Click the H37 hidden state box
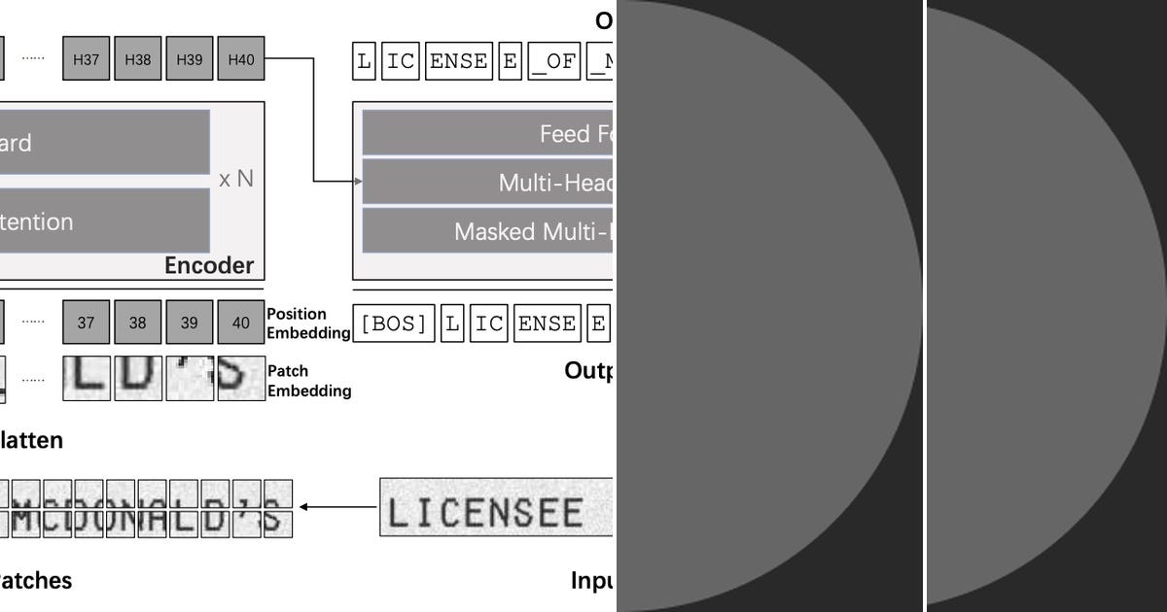86,59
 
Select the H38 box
138,59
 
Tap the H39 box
190,59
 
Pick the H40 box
241,59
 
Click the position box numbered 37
86,323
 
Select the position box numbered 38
138,323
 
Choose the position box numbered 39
190,323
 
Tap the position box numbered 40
241,323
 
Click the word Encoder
209,265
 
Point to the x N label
236,179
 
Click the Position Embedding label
308,323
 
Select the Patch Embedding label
308,381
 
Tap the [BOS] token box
394,323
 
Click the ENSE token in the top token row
458,62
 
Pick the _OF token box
553,62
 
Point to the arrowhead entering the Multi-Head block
355,181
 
